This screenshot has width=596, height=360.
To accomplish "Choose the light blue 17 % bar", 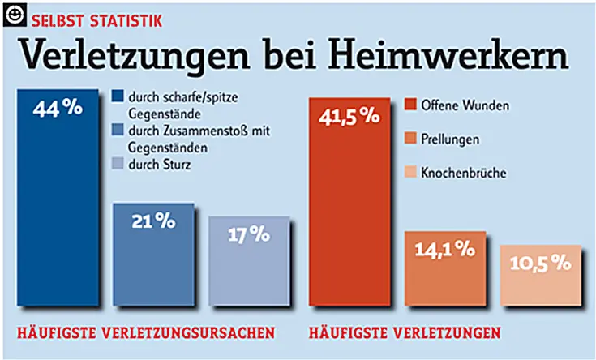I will click(248, 268).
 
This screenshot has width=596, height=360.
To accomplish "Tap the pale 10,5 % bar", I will click(541, 281).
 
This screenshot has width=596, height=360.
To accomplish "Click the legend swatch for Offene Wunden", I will click(409, 105).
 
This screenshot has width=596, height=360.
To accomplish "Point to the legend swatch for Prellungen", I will click(409, 139).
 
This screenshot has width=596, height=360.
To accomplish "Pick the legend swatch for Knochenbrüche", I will click(409, 173).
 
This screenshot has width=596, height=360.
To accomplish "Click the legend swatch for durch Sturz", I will click(117, 166).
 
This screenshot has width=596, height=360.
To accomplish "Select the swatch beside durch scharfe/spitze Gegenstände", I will click(117, 98).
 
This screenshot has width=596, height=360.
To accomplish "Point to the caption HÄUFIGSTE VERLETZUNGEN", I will click(405, 332).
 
